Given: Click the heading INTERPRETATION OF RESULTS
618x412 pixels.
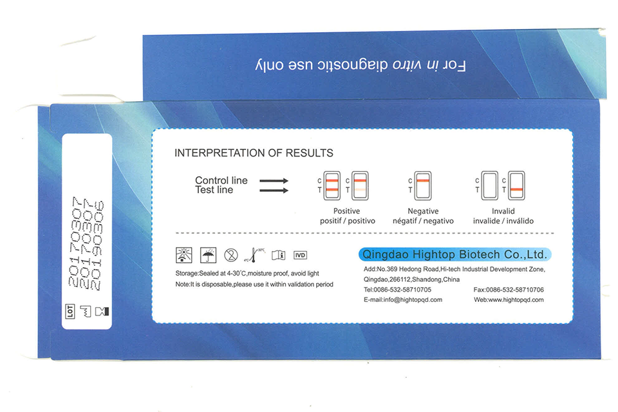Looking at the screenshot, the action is tap(254, 153).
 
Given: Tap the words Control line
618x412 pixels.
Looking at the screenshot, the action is tap(221, 180).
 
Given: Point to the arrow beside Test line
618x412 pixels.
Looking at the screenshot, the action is tap(274, 191).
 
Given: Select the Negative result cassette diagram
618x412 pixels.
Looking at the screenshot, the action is tap(423, 185).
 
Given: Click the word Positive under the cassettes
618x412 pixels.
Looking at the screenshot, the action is tap(346, 211).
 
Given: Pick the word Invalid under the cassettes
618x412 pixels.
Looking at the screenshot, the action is tap(503, 211).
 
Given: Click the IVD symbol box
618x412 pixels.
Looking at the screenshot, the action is tap(301, 255).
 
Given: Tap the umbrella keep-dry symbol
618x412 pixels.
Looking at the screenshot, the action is tap(208, 255).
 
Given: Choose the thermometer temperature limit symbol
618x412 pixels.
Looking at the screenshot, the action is tap(255, 255).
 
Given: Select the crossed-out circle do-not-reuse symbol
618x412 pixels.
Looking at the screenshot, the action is tap(231, 255).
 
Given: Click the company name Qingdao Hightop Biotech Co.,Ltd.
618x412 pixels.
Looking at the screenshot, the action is tap(454, 255).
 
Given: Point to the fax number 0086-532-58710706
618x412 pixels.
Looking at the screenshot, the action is tap(515, 290).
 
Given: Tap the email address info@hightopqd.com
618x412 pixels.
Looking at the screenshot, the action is tap(413, 299).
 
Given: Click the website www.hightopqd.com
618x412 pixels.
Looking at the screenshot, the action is tap(516, 299).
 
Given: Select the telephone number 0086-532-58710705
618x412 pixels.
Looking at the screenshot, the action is tap(402, 290).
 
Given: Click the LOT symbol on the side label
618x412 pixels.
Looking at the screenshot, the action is tap(70, 311).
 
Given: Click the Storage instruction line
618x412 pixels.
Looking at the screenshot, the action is tap(247, 273).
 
